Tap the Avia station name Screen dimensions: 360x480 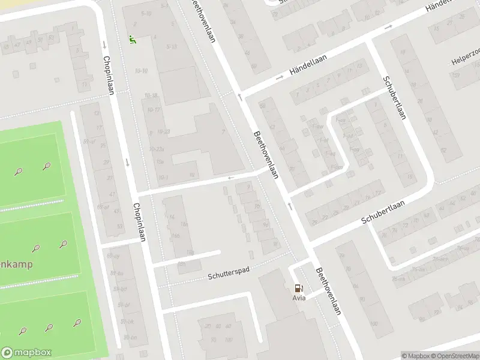(299, 298)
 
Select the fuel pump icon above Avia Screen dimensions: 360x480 (299, 288)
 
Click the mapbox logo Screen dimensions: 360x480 (26, 353)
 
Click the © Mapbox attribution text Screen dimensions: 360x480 (415, 356)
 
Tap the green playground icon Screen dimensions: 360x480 (132, 40)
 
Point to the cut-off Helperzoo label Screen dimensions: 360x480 (466, 62)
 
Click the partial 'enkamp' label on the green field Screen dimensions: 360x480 (16, 264)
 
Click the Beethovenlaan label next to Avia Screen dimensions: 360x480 (329, 290)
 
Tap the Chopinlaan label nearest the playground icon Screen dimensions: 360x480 (109, 75)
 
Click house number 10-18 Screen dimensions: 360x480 (150, 96)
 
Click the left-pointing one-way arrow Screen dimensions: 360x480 (230, 178)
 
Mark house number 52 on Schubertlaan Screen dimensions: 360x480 (443, 149)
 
